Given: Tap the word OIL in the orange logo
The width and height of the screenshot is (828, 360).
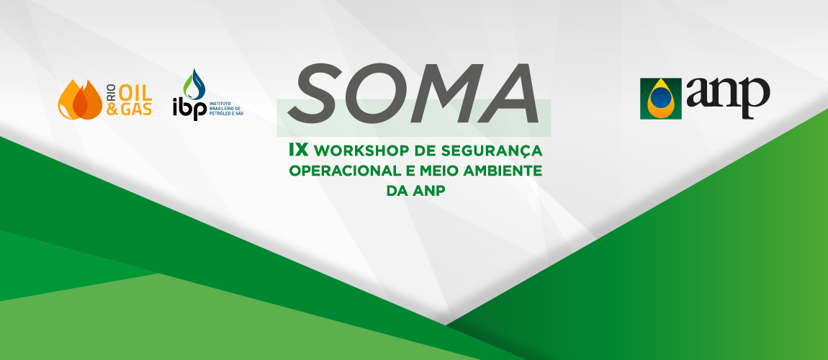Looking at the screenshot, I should tap(135, 90).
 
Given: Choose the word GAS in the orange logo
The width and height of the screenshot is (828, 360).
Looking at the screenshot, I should tap(135, 110).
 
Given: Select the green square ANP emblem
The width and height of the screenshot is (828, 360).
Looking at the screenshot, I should tap(661, 98).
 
